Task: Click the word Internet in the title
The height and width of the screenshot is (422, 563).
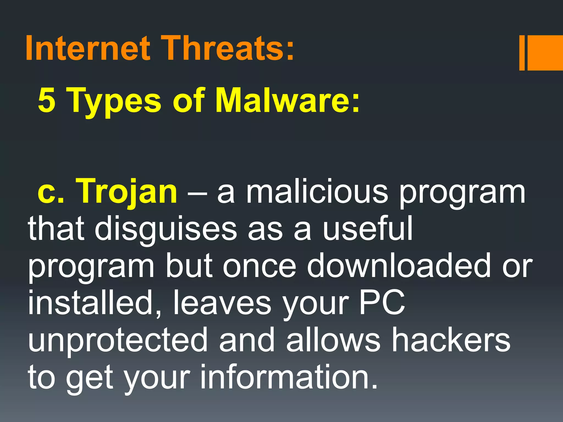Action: (88, 48)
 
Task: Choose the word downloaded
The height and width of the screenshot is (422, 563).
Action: (399, 266)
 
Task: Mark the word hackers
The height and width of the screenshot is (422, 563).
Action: (451, 340)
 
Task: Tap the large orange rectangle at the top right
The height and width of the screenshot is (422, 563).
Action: (545, 53)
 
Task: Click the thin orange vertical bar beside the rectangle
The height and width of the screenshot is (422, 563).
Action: (522, 53)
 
